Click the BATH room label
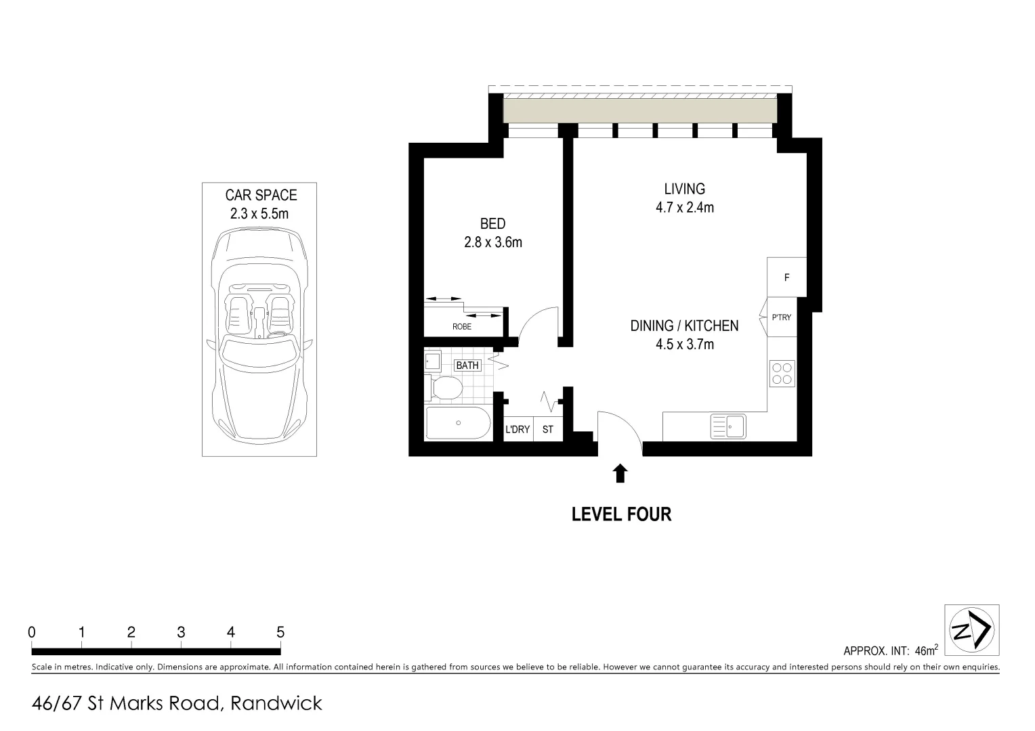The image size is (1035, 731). (x=467, y=365)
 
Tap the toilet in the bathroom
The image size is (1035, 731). (x=446, y=389)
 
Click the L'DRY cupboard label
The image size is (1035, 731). (x=517, y=429)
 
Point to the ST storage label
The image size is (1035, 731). (x=547, y=429)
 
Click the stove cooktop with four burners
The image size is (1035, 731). (x=782, y=374)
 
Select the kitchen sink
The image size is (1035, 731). (x=727, y=426)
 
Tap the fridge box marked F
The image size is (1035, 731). (x=786, y=277)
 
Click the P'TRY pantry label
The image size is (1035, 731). (x=781, y=317)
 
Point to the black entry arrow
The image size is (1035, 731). (x=619, y=473)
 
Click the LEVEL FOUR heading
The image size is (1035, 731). (x=621, y=514)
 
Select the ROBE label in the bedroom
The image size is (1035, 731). (x=462, y=327)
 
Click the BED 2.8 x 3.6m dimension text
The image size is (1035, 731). (x=492, y=242)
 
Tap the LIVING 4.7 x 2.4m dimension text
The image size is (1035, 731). (x=684, y=207)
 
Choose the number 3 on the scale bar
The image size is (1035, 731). (x=181, y=632)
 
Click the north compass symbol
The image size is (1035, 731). (x=971, y=630)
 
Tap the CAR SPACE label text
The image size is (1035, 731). (x=261, y=196)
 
